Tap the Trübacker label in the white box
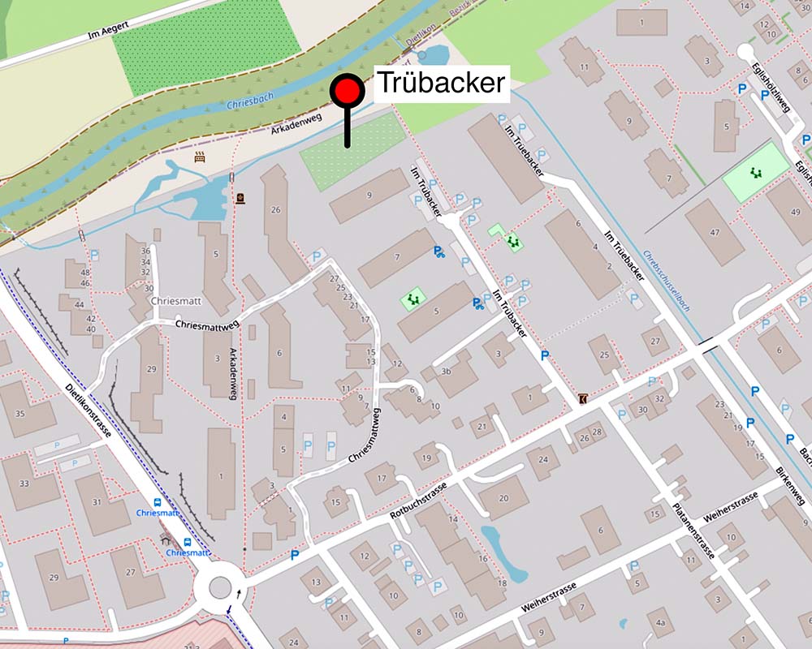(x=440, y=83)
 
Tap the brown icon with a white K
(x=583, y=398)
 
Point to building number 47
(x=715, y=232)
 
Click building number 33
(x=24, y=484)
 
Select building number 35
(x=20, y=413)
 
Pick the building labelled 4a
(x=661, y=623)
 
